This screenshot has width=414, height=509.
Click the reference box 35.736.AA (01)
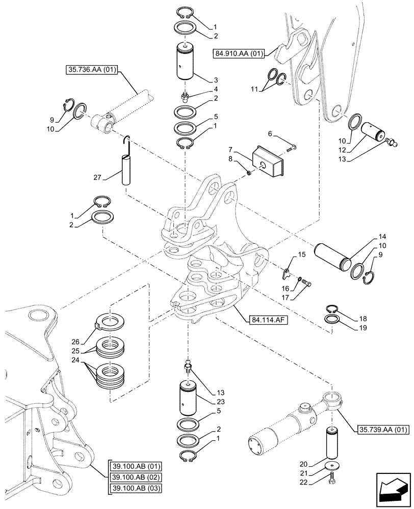[91, 70]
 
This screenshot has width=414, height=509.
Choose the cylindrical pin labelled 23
[190, 399]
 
